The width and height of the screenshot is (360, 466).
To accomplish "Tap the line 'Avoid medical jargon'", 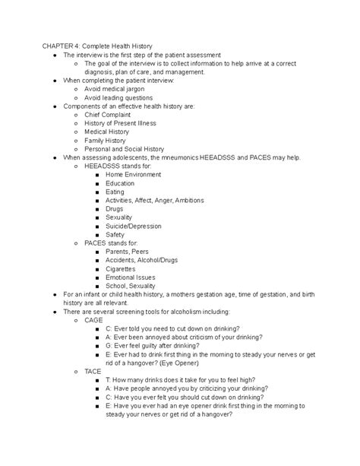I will point(114,88).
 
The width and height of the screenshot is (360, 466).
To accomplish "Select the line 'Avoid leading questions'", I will point(118,97).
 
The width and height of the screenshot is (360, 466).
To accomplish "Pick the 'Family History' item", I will point(106,141).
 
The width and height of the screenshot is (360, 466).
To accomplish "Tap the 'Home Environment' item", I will point(134,174).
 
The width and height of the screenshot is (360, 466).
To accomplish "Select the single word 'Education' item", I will point(120,183).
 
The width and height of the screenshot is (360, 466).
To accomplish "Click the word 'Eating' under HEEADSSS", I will point(115,192).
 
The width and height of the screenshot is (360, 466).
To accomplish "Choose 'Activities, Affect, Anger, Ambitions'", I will point(155,200).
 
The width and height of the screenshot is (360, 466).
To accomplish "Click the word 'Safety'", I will point(115,234).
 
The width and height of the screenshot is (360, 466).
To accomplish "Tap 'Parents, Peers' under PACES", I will point(128,252).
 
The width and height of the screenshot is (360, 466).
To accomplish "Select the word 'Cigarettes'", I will point(121,268).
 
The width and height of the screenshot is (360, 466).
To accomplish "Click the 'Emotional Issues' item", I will point(131,277).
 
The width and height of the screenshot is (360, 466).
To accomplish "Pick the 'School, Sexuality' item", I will point(131,285).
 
